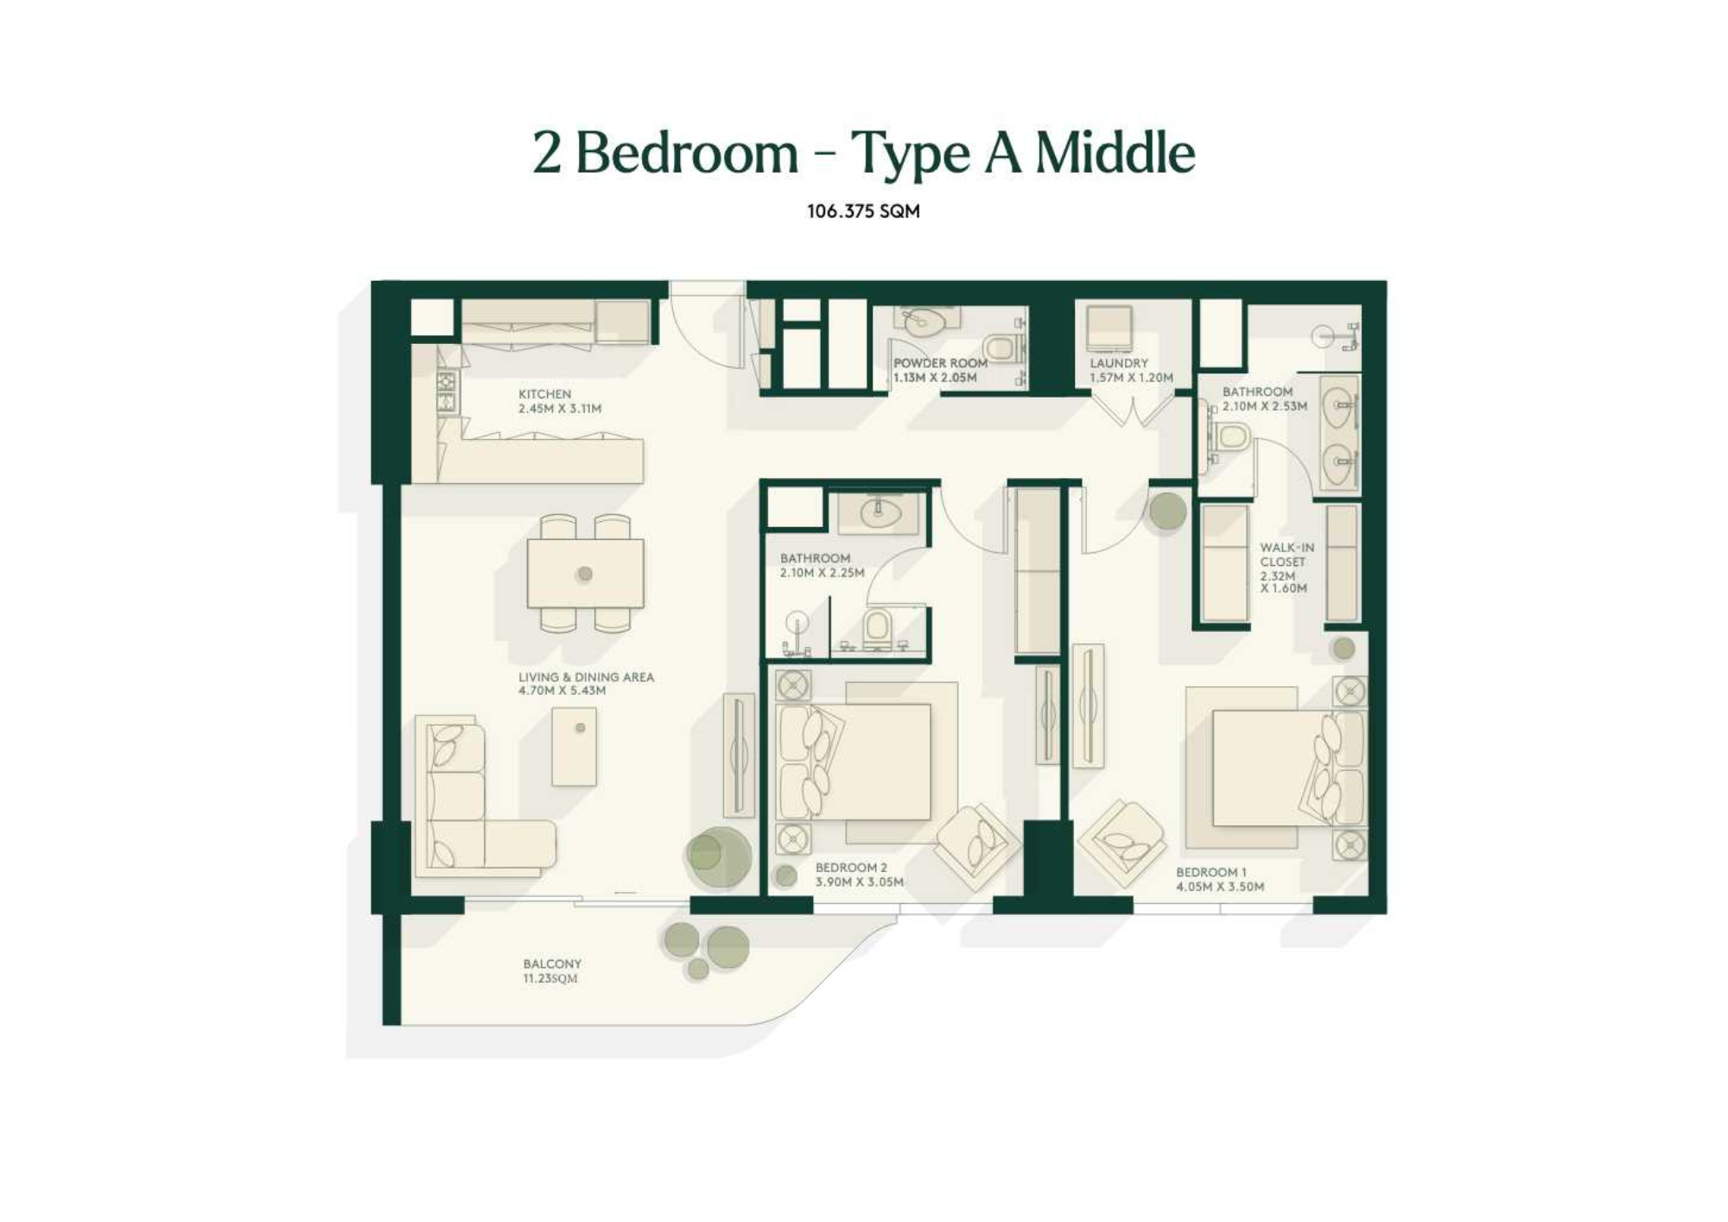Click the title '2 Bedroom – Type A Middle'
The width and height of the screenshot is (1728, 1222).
[863, 153]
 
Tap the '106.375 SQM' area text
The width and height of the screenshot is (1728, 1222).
[863, 211]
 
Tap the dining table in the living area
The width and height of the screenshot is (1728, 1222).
[585, 573]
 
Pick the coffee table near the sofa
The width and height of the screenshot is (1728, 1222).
[574, 747]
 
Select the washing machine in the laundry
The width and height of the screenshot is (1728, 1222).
[1109, 328]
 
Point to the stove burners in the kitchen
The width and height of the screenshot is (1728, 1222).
[446, 392]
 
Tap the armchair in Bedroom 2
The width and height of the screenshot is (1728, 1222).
[977, 847]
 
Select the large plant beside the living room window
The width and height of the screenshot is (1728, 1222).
[719, 856]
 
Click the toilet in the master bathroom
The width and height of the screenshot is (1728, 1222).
[1231, 437]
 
